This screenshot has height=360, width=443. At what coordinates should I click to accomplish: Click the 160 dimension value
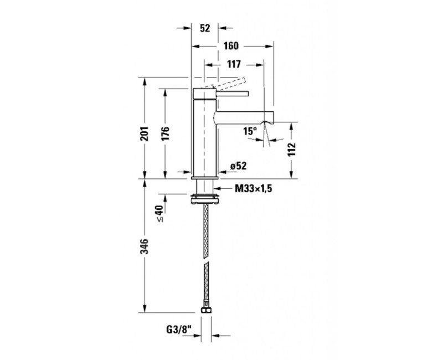pyautogui.click(x=231, y=46)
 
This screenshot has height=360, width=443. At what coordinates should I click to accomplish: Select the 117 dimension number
pyautogui.click(x=234, y=64)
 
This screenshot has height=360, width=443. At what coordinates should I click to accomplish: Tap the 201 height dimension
pyautogui.click(x=145, y=133)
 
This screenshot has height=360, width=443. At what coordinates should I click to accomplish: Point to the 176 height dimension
pyautogui.click(x=165, y=133)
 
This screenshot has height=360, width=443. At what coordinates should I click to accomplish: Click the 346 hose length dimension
pyautogui.click(x=145, y=246)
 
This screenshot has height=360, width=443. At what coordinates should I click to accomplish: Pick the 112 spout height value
pyautogui.click(x=292, y=150)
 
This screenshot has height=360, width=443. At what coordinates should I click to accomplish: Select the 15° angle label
pyautogui.click(x=250, y=131)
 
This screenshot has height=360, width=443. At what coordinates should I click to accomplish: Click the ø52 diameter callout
pyautogui.click(x=238, y=166)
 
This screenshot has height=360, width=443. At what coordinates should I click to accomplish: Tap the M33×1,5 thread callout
pyautogui.click(x=254, y=188)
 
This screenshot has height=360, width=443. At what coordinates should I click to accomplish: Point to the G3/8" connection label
pyautogui.click(x=178, y=330)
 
